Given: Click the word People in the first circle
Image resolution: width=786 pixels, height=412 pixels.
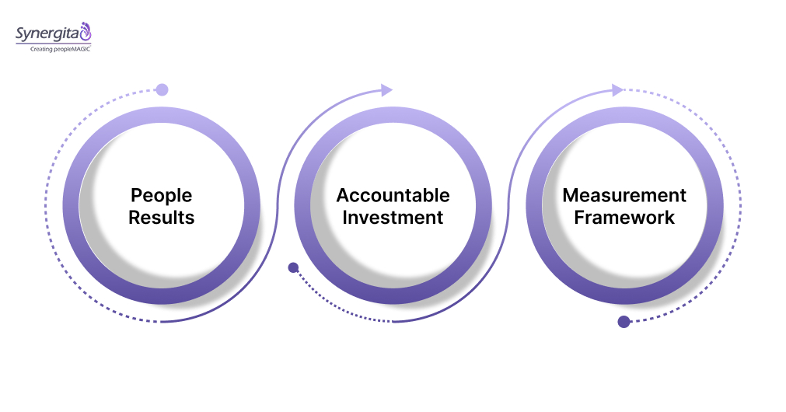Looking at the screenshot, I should (161, 194).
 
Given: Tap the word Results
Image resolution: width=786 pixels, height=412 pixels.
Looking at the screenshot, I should (161, 217).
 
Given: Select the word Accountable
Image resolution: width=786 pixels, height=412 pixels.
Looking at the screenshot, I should (393, 194).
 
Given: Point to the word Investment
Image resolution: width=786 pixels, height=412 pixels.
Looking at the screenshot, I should (393, 217).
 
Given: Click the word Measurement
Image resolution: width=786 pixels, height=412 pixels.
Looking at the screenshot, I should (624, 194).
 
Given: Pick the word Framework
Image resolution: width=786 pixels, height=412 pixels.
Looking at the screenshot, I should (624, 217).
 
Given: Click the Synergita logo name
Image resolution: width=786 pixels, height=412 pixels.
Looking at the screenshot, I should (47, 33).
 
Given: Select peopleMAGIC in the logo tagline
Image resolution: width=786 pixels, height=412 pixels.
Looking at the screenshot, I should (75, 49).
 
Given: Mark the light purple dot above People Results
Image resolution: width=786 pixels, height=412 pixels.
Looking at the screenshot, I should (162, 89).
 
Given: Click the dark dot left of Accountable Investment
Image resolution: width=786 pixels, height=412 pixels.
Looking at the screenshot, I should (293, 267).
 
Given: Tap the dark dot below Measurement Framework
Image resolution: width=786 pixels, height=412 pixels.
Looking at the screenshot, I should (624, 322).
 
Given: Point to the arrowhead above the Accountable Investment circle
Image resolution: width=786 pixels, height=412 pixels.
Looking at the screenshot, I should (386, 90).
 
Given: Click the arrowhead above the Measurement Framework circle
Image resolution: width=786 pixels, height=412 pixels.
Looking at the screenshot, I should (618, 90).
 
